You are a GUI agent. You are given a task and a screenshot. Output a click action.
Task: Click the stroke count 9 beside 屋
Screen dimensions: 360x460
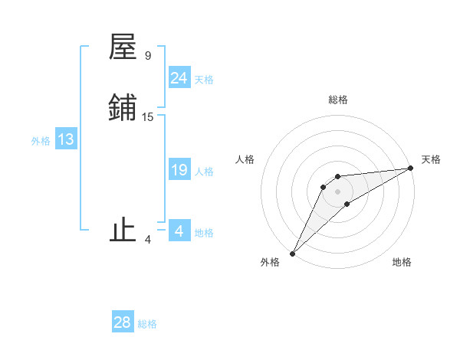[x=147, y=56]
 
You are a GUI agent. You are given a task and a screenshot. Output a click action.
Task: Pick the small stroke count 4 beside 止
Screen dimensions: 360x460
[x=147, y=240]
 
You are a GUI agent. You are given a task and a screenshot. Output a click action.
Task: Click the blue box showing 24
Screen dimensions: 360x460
[x=179, y=78]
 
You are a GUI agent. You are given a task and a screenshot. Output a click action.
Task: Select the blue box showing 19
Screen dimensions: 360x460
[x=179, y=170]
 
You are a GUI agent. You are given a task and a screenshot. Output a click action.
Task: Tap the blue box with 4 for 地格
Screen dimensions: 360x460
[x=179, y=231]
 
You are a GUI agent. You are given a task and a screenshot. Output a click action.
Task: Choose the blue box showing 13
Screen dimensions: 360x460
[x=66, y=139]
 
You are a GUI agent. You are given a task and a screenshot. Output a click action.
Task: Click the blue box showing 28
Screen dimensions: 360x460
[x=123, y=322]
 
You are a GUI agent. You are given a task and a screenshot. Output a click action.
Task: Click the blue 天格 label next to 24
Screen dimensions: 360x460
[x=204, y=80]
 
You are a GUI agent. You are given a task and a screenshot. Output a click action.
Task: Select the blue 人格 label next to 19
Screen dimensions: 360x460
[x=204, y=172]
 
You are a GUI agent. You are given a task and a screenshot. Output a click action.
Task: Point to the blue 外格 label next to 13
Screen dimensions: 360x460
[x=41, y=141]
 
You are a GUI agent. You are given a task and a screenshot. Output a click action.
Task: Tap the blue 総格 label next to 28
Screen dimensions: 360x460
[x=147, y=324]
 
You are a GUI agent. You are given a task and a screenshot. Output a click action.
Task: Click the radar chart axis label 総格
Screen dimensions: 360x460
[x=337, y=100]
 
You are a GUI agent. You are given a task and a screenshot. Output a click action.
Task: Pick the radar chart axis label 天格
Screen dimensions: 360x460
[x=431, y=159]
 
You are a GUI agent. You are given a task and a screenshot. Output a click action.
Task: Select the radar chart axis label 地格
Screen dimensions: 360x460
[x=402, y=262]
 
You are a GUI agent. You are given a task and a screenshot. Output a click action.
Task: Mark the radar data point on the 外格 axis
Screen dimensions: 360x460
[x=292, y=254]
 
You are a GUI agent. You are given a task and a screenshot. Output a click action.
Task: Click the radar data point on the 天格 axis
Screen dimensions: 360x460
[x=411, y=168]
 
